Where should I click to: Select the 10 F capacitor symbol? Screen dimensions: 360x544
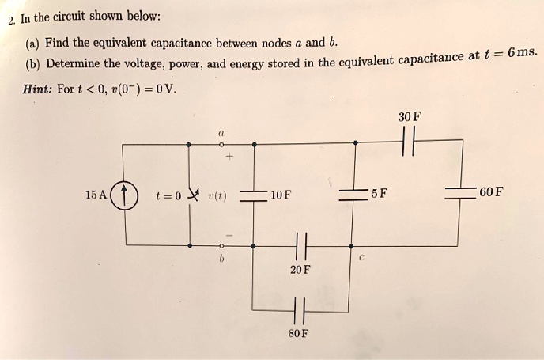click(253, 195)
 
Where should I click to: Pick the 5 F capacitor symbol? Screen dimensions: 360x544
click(355, 195)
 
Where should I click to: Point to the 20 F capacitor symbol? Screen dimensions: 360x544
click(298, 247)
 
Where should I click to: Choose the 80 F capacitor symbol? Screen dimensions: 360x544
click(298, 309)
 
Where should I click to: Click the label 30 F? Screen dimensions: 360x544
click(410, 117)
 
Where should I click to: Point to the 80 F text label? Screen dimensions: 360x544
click(299, 333)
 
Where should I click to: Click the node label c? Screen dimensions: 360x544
click(361, 256)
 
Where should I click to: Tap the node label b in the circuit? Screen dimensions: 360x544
click(222, 259)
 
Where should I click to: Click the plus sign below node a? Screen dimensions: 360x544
click(229, 158)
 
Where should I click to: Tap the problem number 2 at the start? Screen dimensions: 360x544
click(10, 19)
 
